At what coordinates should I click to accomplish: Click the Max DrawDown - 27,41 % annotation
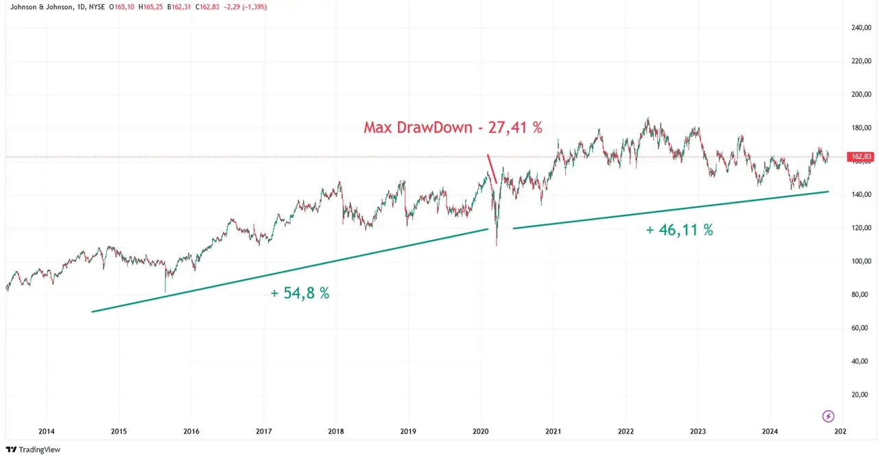(x=453, y=128)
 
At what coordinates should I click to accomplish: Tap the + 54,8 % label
(x=300, y=293)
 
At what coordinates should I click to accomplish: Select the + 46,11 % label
(x=679, y=231)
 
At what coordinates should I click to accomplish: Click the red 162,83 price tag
(x=861, y=157)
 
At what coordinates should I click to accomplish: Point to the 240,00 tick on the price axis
(x=861, y=28)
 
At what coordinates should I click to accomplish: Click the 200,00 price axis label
(x=861, y=95)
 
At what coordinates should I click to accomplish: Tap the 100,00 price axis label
(x=861, y=261)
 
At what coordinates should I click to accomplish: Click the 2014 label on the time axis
(x=47, y=432)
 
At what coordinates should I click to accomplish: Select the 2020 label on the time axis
(x=481, y=432)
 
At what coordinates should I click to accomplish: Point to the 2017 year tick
(x=264, y=432)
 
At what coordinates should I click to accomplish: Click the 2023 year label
(x=698, y=432)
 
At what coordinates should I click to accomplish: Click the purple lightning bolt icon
(x=828, y=416)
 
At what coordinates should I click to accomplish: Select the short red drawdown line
(x=492, y=169)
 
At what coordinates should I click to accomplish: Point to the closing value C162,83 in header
(x=208, y=7)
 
